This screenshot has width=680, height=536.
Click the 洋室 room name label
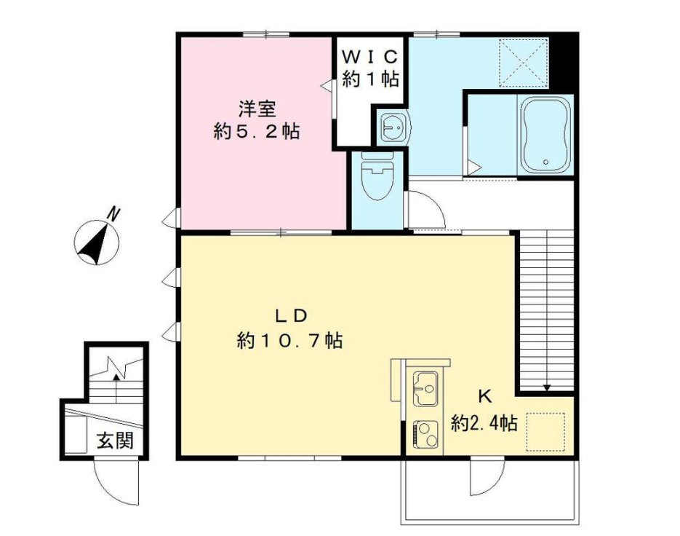pyautogui.click(x=257, y=109)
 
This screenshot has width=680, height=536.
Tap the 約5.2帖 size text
pyautogui.click(x=257, y=132)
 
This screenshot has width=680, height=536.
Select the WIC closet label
pyautogui.click(x=370, y=56)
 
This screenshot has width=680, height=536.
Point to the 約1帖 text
pyautogui.click(x=370, y=78)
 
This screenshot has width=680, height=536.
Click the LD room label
pyautogui.click(x=292, y=316)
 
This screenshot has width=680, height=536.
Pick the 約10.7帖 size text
pyautogui.click(x=290, y=339)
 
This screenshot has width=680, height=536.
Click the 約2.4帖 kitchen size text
pyautogui.click(x=484, y=422)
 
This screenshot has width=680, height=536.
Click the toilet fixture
pyautogui.click(x=377, y=179)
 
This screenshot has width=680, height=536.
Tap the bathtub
pyautogui.click(x=545, y=136)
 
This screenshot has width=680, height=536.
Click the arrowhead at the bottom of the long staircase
pyautogui.click(x=547, y=387)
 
